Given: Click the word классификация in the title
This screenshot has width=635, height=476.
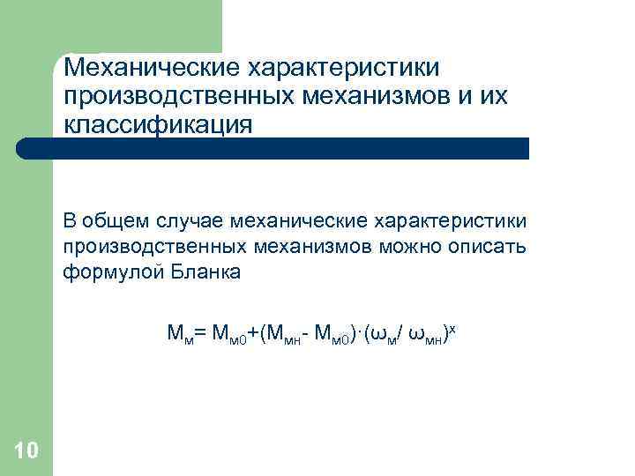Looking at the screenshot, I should click(158, 124).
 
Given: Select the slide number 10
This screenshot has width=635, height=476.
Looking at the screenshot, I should click(26, 452).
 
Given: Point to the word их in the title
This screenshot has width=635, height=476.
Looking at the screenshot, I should click(492, 95).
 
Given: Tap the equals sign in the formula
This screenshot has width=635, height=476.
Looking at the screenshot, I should click(199, 333).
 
